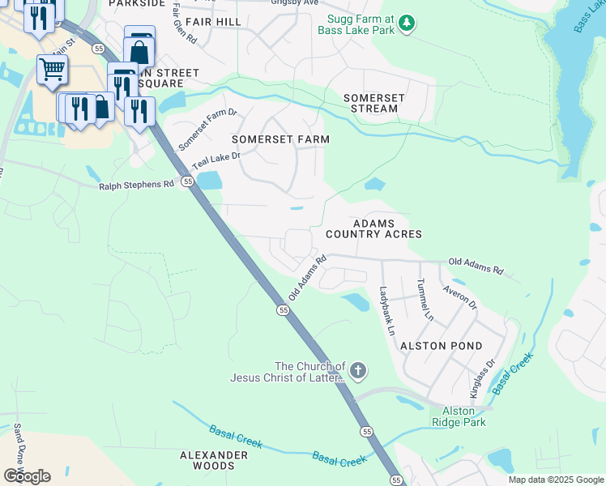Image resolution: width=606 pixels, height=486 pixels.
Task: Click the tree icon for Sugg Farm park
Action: coord(408,24)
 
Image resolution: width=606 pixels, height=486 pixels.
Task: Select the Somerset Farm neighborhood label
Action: coord(280,139)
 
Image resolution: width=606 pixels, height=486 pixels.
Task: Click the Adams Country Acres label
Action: coord(373,228)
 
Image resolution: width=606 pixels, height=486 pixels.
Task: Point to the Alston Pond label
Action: coord(435,345)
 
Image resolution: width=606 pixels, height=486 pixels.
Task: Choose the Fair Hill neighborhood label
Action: coord(213,21)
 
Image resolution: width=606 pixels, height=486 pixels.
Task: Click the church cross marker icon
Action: coord(358,372)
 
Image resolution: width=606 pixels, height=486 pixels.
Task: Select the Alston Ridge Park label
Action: coord(459,416)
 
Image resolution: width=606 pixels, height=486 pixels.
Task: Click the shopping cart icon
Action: coord(51,70)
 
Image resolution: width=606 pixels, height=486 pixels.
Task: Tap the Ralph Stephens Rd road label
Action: coord(136,184)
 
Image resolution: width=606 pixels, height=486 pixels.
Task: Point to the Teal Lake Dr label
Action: coord(216,158)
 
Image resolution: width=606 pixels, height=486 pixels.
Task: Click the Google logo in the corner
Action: coord(27,475)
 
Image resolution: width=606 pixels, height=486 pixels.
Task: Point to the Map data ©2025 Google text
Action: coord(555,480)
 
